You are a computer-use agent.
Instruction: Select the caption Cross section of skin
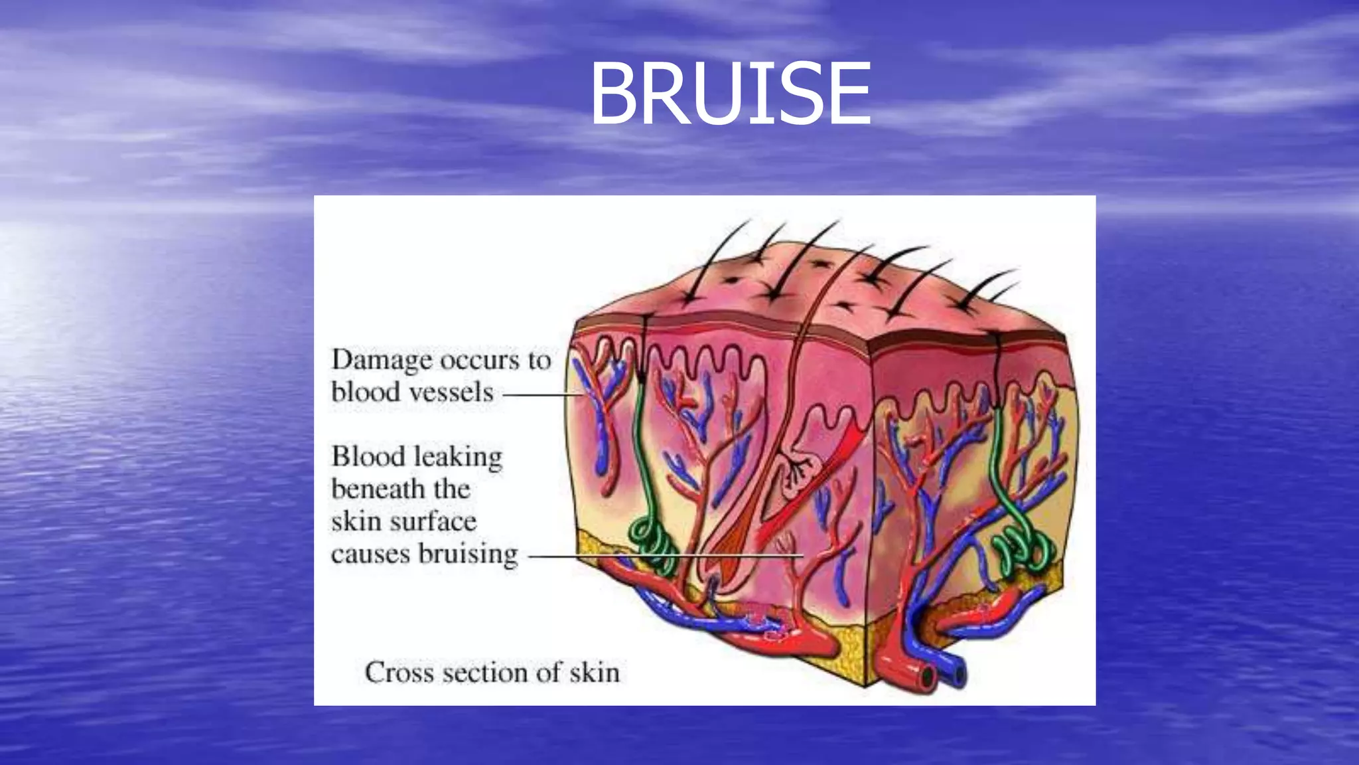(492, 673)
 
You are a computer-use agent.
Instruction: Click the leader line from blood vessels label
(541, 394)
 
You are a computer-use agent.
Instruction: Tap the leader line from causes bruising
(664, 556)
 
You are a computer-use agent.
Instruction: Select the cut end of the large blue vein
(956, 673)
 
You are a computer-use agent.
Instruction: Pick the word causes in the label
(370, 554)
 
